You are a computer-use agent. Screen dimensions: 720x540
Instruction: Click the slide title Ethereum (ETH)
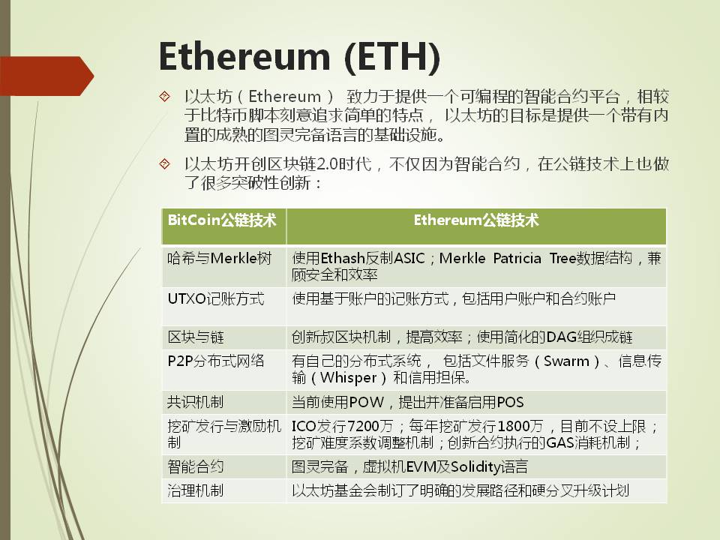coord(299,58)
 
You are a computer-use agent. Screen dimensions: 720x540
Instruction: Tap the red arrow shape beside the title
coord(46,76)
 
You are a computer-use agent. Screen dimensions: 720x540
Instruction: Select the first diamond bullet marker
coord(164,96)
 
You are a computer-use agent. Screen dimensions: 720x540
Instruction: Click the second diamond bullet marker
coord(164,163)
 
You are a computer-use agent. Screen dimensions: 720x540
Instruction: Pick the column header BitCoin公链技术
coord(222,220)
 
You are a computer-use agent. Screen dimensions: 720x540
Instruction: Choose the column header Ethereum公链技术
coord(476,220)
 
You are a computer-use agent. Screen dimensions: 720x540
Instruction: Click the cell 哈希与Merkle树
coord(220,259)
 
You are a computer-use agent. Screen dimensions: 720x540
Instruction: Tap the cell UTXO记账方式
coord(216,299)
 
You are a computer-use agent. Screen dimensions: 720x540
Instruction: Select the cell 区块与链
coord(196,337)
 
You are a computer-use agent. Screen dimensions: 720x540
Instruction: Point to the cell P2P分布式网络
coord(216,361)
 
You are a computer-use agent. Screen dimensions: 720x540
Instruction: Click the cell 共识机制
coord(195,402)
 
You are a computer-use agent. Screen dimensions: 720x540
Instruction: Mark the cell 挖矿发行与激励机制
coord(224,434)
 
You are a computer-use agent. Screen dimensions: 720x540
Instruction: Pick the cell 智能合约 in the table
coord(196,467)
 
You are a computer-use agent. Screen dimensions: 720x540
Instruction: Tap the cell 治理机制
coord(195,490)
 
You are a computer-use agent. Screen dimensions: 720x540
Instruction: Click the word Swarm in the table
coord(566,361)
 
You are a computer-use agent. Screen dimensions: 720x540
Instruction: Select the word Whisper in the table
coord(349,378)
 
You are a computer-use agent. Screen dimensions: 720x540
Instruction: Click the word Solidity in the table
coord(475,467)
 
